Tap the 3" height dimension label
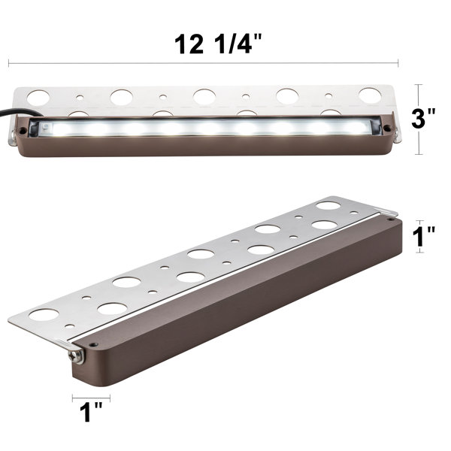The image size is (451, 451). coord(430,119)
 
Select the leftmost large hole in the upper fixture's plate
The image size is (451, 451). coord(38,96)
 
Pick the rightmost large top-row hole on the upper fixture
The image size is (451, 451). coord(369,95)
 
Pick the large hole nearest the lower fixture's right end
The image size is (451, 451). coord(327,205)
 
